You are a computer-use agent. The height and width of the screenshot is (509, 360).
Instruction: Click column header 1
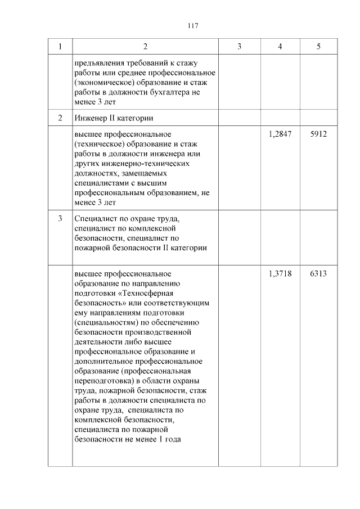coord(60,46)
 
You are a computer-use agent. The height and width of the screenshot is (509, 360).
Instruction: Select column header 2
coord(145,46)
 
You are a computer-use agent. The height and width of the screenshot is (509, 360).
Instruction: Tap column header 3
coord(238,46)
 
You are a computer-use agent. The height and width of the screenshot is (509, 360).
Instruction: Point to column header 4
coord(280,46)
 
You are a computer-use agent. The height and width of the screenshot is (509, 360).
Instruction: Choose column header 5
coord(318,46)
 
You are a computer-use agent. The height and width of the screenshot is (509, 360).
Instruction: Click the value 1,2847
coord(280,135)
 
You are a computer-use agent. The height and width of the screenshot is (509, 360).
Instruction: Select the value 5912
coord(318,135)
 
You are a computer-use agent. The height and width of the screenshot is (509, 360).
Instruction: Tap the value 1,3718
coord(280,274)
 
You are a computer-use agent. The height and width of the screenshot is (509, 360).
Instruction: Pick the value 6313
coord(318,274)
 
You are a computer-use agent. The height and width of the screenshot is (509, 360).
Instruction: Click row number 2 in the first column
coord(60,118)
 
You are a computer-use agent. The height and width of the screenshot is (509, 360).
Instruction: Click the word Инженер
coord(91,118)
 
